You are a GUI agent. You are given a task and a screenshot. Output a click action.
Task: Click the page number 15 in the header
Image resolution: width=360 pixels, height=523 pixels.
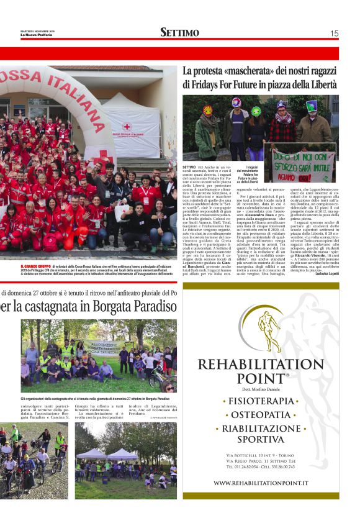334,33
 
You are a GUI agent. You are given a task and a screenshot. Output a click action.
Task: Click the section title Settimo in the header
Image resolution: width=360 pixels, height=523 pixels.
179,32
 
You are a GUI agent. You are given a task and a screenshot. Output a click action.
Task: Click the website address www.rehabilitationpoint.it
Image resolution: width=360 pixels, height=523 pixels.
269,483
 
